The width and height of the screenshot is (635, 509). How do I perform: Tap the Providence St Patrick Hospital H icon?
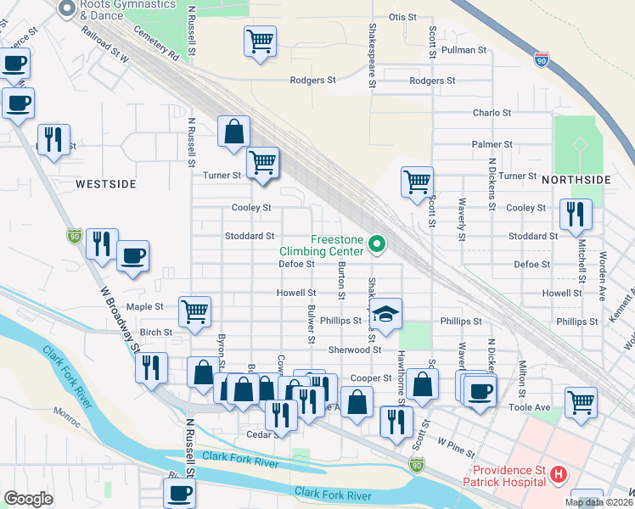[559, 476]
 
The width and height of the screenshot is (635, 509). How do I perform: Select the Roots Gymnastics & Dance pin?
[68, 8]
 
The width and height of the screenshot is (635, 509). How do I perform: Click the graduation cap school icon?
[385, 314]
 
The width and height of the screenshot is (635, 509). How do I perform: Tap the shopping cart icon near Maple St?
[195, 311]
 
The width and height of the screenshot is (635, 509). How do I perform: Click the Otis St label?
[402, 17]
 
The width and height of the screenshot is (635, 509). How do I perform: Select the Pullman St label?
[469, 50]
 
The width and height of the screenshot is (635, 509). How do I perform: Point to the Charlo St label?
[492, 112]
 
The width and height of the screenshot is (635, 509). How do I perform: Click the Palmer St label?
[492, 144]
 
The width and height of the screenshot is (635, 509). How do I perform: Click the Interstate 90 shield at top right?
[542, 60]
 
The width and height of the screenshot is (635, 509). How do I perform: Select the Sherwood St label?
[356, 350]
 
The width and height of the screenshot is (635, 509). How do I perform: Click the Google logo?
[28, 499]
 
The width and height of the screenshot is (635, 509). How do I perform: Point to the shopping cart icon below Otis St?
[260, 41]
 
